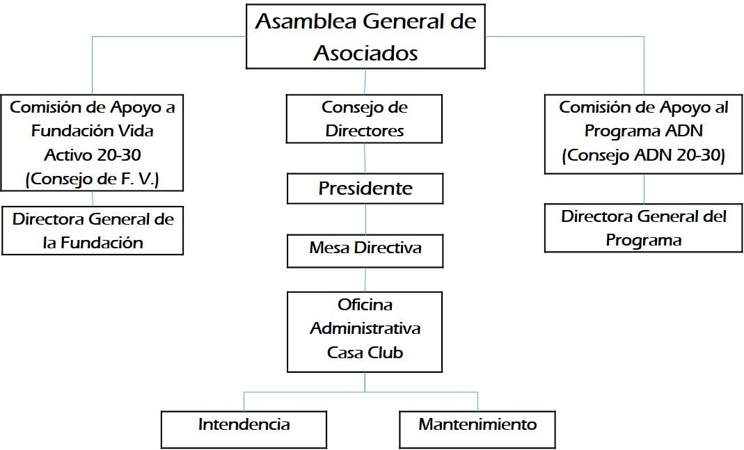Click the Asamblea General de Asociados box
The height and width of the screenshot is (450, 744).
[x=365, y=36]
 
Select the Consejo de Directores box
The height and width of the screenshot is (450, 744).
[x=364, y=118]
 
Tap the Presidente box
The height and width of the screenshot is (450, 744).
[x=365, y=188]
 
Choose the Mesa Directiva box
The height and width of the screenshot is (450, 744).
[x=365, y=251]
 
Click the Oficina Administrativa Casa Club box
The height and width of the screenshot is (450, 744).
[x=365, y=332]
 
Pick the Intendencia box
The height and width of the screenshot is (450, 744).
[x=244, y=430]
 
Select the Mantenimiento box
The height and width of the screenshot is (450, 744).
[x=477, y=430]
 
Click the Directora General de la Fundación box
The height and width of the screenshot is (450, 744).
[x=93, y=230]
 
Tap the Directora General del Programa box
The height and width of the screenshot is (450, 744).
[x=643, y=227]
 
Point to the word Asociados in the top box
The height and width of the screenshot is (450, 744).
[x=365, y=53]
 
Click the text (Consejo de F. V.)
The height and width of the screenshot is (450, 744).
[x=92, y=179]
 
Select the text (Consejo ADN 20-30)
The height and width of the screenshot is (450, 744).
[x=643, y=155]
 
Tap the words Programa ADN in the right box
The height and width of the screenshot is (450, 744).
[x=643, y=131]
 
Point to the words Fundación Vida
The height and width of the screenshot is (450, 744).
[x=93, y=131]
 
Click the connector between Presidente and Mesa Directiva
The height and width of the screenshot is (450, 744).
[x=366, y=219]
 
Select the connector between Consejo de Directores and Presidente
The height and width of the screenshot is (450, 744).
[x=365, y=158]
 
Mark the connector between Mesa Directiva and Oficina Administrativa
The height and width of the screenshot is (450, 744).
[x=365, y=280]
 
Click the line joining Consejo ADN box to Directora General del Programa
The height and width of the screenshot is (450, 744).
[x=644, y=188]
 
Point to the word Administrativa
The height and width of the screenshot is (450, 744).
[x=365, y=328]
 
